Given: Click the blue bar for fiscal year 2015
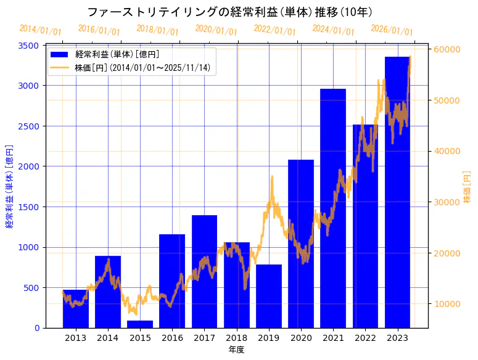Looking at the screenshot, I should pos(140,324).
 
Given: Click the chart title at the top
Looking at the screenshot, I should pos(229,12).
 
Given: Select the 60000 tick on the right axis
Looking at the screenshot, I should pos(447,49).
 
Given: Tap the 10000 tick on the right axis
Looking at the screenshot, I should pos(447,304).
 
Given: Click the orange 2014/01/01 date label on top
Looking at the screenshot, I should pos(41,30).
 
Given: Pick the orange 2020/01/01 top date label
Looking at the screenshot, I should pos(216,30).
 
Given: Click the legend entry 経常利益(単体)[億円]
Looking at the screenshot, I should pos(117,55).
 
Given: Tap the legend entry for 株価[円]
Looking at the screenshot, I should pos(145,68).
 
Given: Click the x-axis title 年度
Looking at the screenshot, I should pos(236,350).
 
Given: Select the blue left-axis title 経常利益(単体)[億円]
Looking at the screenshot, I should pos(9,186).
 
